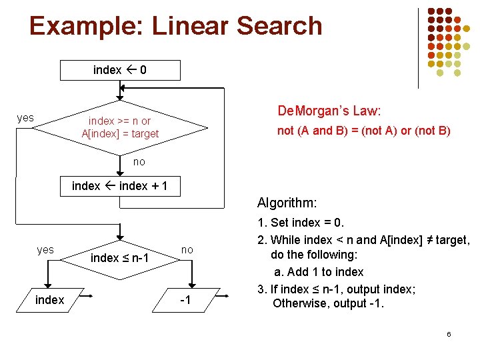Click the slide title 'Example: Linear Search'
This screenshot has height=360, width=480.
(x=176, y=26)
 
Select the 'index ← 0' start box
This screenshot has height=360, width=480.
(x=120, y=70)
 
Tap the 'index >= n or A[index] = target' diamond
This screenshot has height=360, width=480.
(x=120, y=127)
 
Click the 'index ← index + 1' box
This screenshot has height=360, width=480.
(x=120, y=186)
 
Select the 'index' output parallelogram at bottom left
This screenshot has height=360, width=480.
(x=49, y=300)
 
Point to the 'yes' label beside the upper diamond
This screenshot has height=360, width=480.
(x=25, y=118)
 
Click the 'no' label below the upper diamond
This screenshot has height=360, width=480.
(x=139, y=162)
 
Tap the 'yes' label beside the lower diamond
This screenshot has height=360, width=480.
(x=45, y=249)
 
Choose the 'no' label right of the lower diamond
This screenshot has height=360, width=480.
(x=187, y=249)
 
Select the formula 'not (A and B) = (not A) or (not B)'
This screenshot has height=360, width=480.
(x=364, y=131)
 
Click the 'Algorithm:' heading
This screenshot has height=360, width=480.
(x=287, y=203)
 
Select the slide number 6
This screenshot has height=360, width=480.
(x=449, y=333)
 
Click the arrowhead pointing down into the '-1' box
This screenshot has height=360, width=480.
(x=191, y=285)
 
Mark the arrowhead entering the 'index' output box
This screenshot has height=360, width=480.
(x=49, y=285)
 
